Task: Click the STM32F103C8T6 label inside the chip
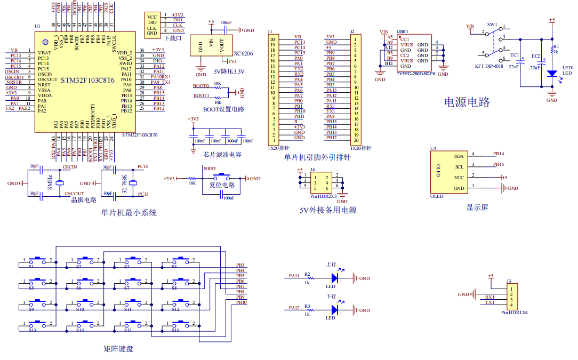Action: [x=87, y=81]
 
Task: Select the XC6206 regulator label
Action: [x=244, y=54]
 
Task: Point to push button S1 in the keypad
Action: [x=37, y=261]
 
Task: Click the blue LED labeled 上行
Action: [x=335, y=277]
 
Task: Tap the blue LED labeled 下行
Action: [x=335, y=309]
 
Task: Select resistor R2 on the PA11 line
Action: [x=307, y=278]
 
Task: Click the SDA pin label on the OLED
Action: [x=458, y=156]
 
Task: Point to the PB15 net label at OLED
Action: [x=498, y=164]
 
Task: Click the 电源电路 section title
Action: [x=467, y=102]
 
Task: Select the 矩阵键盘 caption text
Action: [x=118, y=349]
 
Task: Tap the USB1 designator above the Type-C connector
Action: [x=403, y=31]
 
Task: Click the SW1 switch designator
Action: [x=492, y=25]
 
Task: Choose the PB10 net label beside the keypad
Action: [x=241, y=302]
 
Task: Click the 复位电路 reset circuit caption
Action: [x=221, y=185]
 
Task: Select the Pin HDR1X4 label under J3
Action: [x=514, y=313]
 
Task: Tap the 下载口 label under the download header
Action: [x=173, y=38]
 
